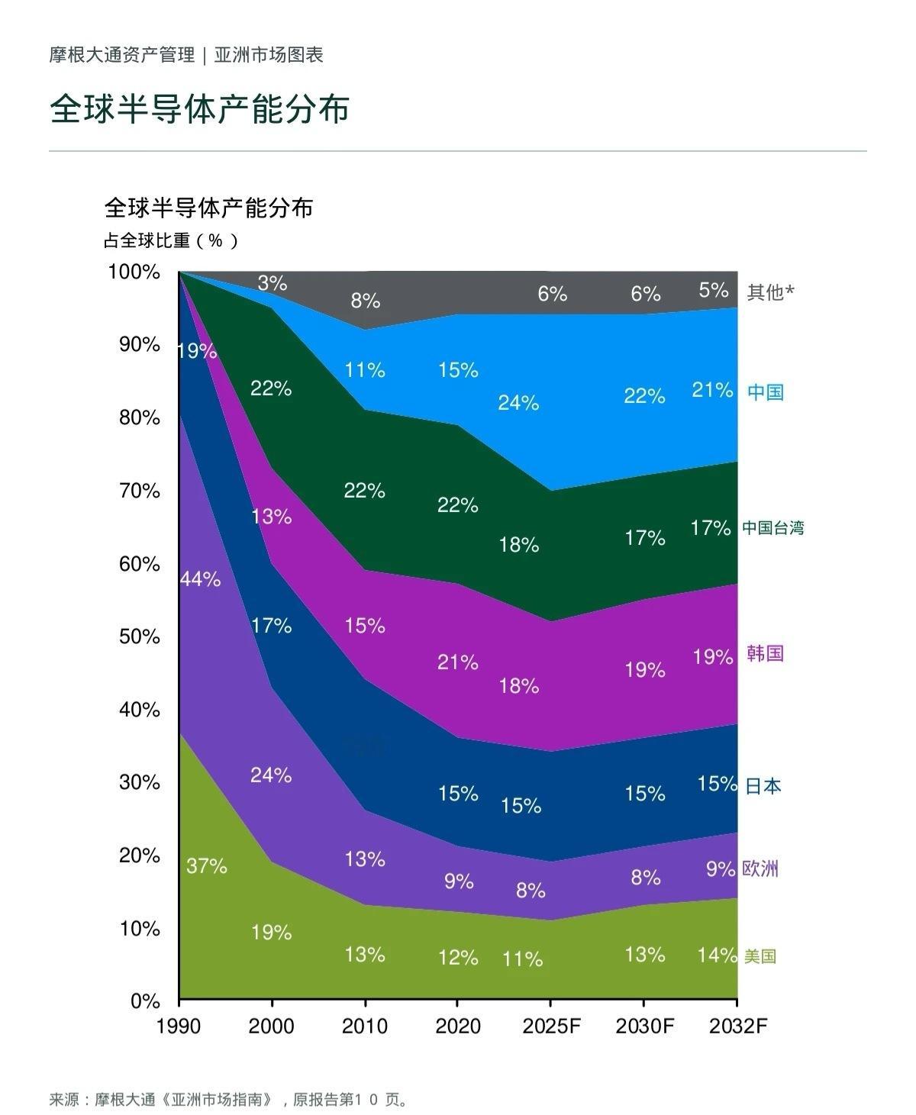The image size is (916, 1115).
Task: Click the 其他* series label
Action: (770, 292)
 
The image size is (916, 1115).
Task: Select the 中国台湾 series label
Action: (772, 527)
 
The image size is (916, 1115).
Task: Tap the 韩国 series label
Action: (765, 654)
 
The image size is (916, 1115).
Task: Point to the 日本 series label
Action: (763, 786)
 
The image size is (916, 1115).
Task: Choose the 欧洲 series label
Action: (760, 868)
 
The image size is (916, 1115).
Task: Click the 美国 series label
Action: (760, 955)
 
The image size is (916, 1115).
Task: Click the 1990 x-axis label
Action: (178, 1026)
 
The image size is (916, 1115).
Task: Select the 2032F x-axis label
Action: (738, 1026)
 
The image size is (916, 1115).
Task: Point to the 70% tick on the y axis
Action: (139, 491)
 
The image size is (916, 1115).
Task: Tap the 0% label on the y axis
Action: (145, 1001)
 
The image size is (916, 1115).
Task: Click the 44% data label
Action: (201, 579)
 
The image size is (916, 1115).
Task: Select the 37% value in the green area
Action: (207, 866)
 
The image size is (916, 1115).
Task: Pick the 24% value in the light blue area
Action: (518, 403)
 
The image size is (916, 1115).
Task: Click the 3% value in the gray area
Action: (273, 283)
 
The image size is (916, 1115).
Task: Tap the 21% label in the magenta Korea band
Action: (457, 662)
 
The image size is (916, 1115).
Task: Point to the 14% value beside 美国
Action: (717, 955)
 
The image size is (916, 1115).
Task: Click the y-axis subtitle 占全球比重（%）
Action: (171, 241)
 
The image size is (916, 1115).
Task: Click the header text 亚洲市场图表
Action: (269, 55)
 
